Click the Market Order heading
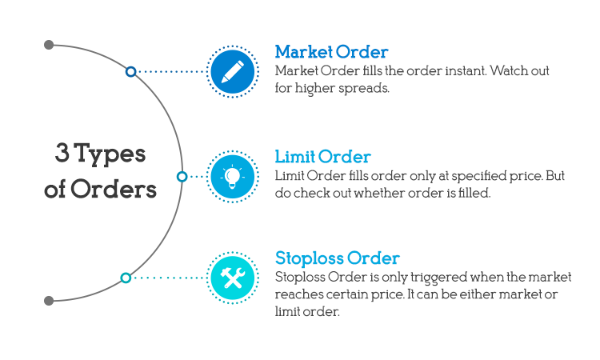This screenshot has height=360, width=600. click(x=331, y=52)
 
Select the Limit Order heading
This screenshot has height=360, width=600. click(x=322, y=156)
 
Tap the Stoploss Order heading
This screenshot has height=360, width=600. click(x=337, y=258)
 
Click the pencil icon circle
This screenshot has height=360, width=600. click(x=232, y=72)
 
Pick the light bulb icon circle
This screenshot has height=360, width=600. click(x=232, y=175)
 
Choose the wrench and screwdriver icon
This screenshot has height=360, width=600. click(x=232, y=278)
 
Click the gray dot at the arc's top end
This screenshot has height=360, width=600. click(x=49, y=45)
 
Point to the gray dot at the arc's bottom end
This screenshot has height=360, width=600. click(x=49, y=301)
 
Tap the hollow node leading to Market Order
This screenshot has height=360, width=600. click(x=130, y=72)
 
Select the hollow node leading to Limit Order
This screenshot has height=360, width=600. click(x=182, y=176)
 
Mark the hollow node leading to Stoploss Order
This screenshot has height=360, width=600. click(x=126, y=278)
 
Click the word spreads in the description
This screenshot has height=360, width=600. click(x=366, y=88)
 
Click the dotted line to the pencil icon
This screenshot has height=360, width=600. click(x=170, y=72)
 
